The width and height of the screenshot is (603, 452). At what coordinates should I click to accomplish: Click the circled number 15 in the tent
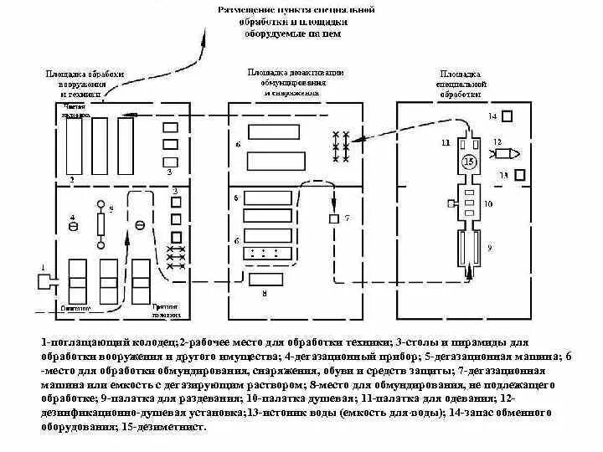[x=469, y=161]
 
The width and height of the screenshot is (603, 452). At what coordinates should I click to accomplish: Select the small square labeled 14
[x=507, y=116]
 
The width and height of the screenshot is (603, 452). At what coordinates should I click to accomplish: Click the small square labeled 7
[x=333, y=218]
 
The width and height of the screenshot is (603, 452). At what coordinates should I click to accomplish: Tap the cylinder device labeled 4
[x=73, y=226]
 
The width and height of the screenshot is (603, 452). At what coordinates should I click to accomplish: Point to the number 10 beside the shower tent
[x=488, y=203]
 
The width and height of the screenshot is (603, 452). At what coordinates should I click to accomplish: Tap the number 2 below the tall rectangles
[x=72, y=179]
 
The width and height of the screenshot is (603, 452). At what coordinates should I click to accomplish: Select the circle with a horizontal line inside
[x=140, y=224]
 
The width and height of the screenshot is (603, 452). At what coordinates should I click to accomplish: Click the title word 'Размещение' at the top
[x=242, y=9]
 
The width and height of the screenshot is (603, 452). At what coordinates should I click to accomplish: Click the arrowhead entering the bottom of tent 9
[x=467, y=270]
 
